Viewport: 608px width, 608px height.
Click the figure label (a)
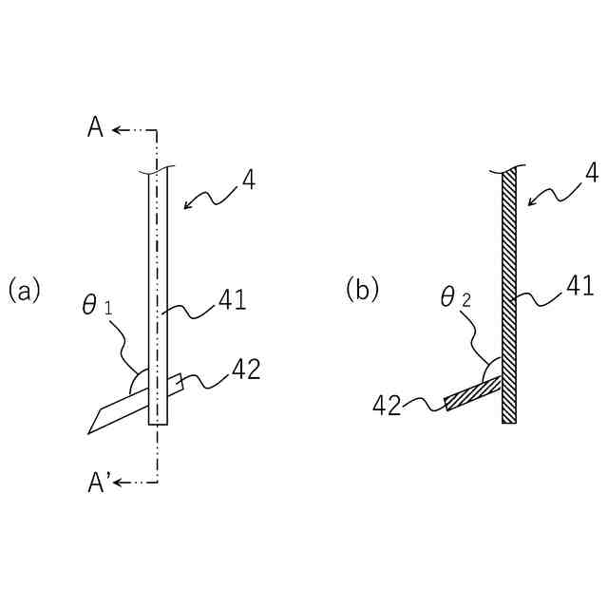click(24, 289)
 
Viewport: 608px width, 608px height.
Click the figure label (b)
click(362, 289)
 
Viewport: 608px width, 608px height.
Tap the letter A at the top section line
click(95, 129)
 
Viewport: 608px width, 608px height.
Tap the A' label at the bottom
click(98, 484)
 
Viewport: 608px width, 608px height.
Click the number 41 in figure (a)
click(231, 301)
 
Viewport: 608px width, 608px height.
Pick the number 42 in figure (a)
click(246, 369)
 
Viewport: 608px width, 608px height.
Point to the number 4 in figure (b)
click(592, 174)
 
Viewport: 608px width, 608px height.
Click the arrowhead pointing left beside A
click(116, 129)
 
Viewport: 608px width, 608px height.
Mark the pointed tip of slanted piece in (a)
click(89, 432)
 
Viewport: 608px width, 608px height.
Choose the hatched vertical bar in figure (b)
click(509, 294)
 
